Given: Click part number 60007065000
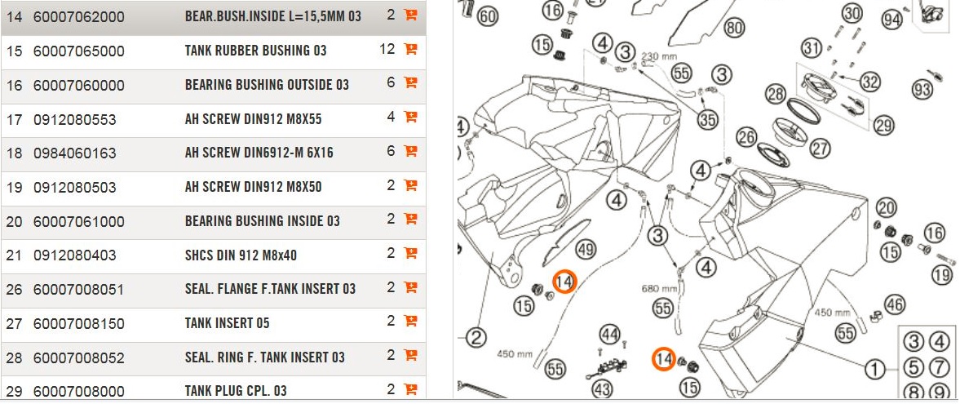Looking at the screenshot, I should pos(78,51).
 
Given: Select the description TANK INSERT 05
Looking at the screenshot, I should pos(227,324).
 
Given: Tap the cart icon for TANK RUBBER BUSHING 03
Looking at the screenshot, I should pos(410,49).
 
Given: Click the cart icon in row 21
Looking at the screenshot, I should pos(410,253).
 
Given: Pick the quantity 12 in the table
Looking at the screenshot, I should pos(387,50).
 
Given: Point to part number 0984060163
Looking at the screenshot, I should pos(74,153).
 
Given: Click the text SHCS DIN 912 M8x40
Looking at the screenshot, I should pos(241,255).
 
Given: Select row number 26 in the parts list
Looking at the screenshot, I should pos(14,290).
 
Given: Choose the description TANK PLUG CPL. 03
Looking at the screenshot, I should pos(236,391).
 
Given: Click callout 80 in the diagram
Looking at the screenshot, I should pos(734,29).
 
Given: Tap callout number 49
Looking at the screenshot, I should pos(585,249).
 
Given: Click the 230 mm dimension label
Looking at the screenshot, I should pos(660,56).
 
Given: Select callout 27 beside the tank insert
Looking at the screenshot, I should pos(820,148).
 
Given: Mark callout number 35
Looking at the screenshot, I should pos(707,119).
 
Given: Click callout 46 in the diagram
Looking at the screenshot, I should pos(895,305).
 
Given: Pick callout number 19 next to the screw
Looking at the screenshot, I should pos(941,275).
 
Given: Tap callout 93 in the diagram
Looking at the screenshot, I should pos(922,90).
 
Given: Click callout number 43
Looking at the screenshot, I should pos(602,389).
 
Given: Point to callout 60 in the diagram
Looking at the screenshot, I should pos(487,17).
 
